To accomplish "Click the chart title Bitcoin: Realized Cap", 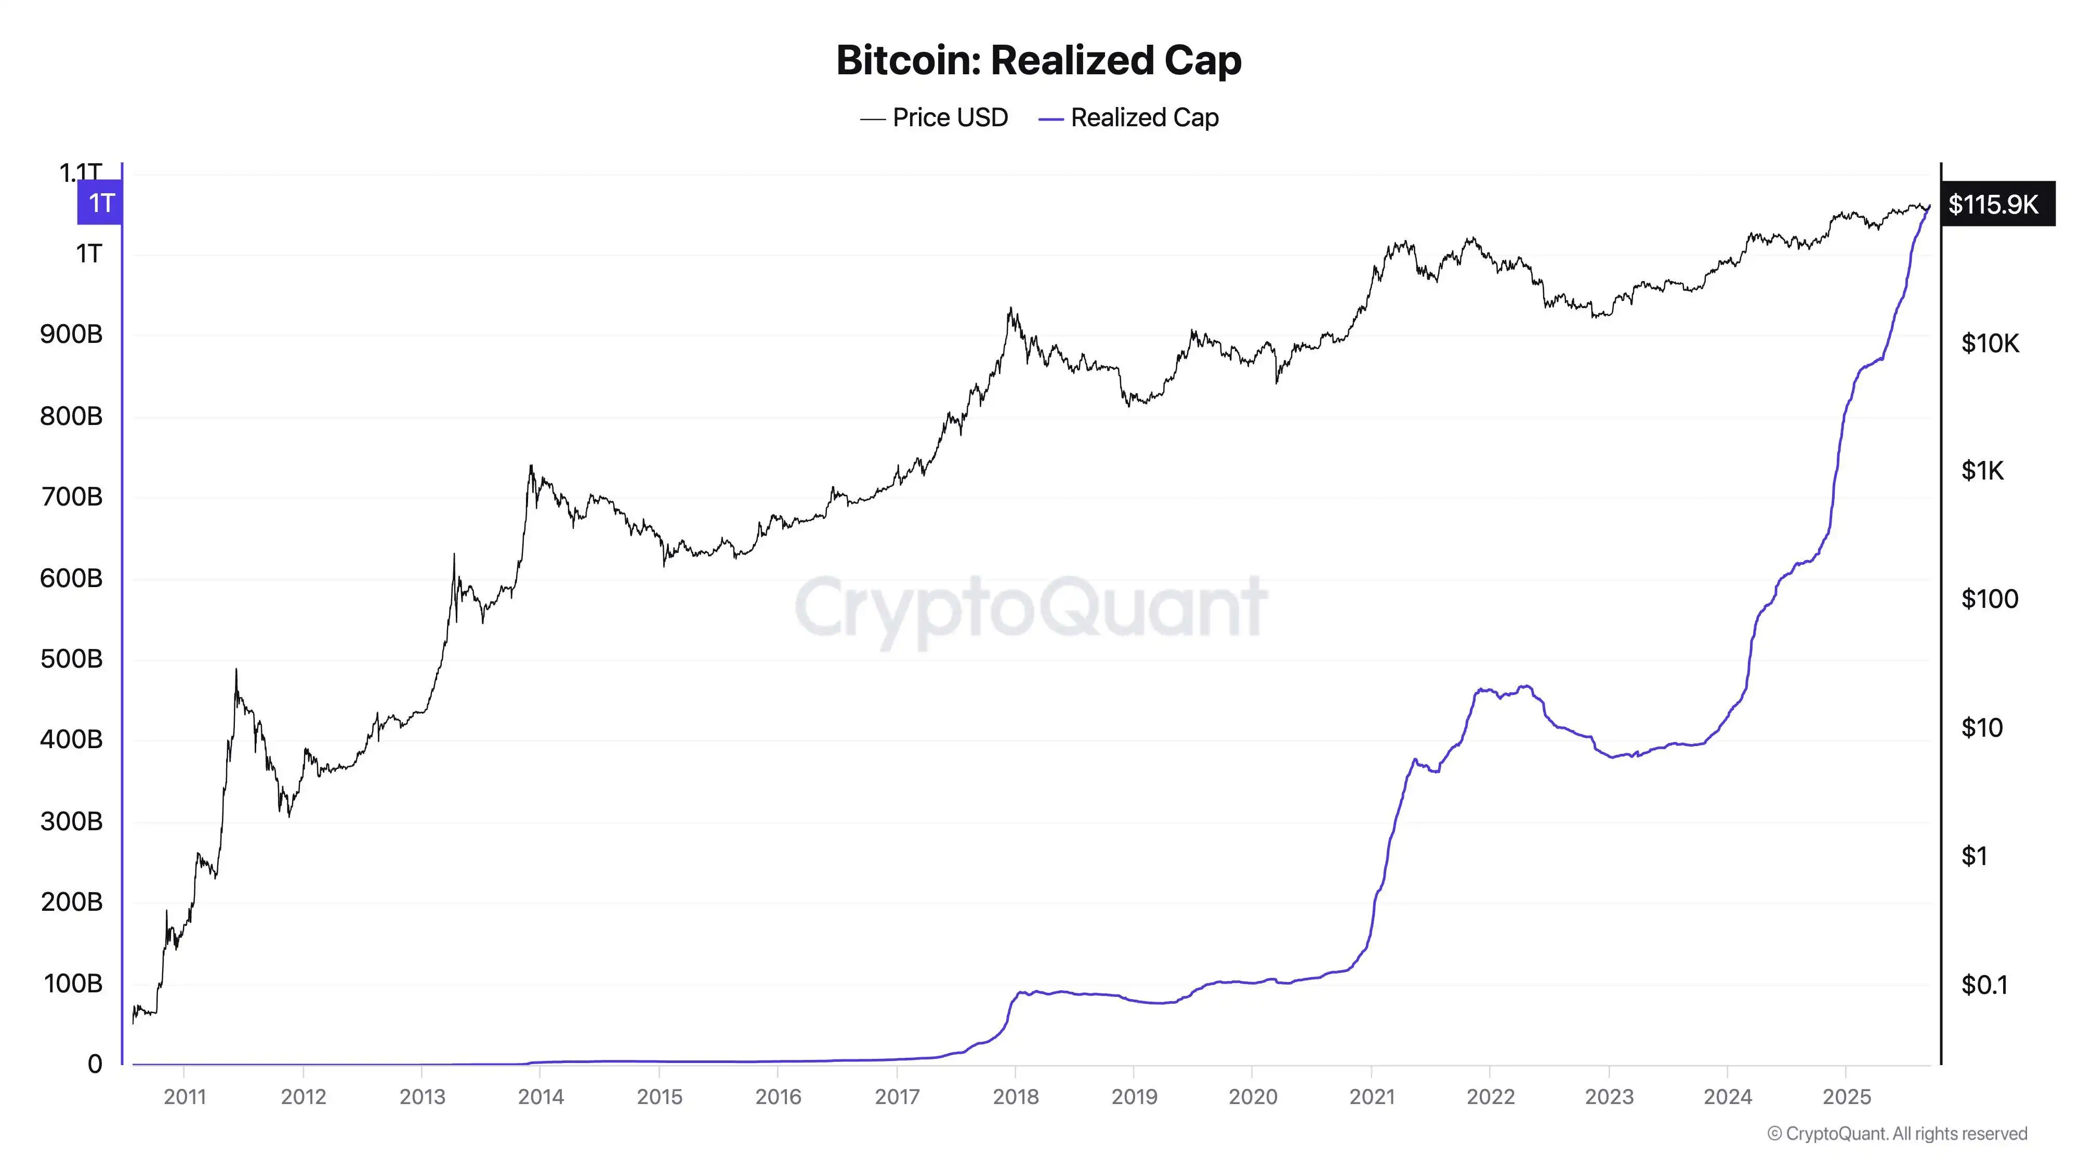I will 1038,60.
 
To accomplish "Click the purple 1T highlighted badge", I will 101,203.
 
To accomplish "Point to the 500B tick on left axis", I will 72,659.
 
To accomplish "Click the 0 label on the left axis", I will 95,1064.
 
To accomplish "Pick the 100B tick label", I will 73,984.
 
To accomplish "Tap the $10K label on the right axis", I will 1990,343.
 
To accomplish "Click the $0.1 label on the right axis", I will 1984,985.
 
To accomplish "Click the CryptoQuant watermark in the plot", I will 1031,607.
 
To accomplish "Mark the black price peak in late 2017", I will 1010,309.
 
